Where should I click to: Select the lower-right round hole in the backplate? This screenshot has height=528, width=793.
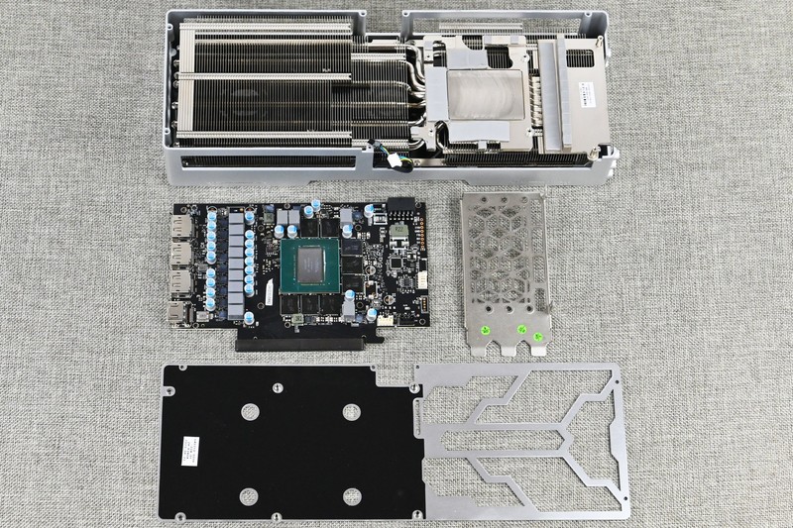pyautogui.click(x=351, y=495)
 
